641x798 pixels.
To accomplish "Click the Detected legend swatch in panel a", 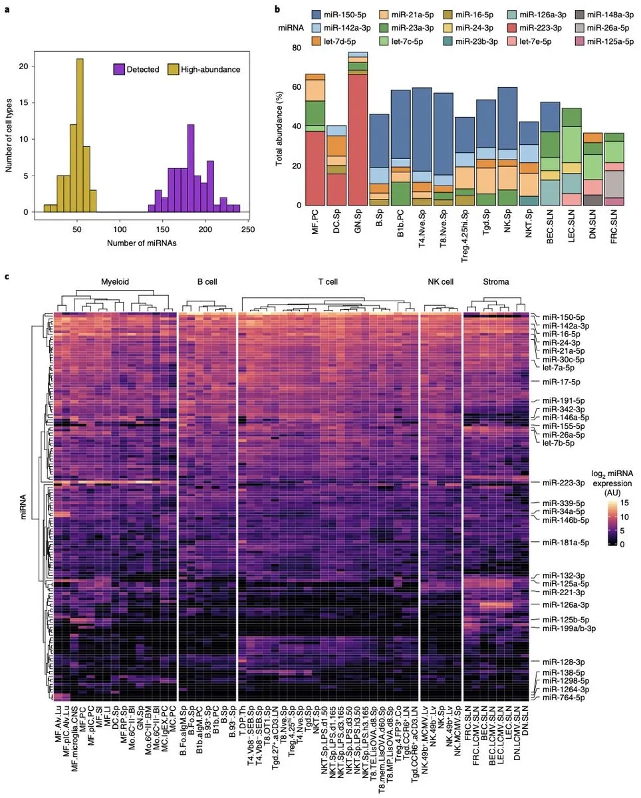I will coord(120,68).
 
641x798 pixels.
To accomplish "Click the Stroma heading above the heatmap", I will coord(496,281).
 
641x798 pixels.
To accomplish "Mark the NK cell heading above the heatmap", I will coord(441,281).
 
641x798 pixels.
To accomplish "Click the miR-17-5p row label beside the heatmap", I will coord(561,382).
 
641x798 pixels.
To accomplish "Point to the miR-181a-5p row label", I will coord(565,543).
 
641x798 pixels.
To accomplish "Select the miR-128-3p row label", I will coord(563,662).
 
